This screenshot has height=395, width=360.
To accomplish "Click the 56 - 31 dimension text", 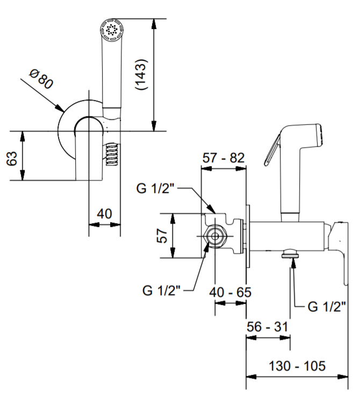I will pos(268,326).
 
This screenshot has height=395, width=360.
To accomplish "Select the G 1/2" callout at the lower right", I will pos(326,306).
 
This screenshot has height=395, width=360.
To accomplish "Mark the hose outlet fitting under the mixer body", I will pos(291,254).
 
